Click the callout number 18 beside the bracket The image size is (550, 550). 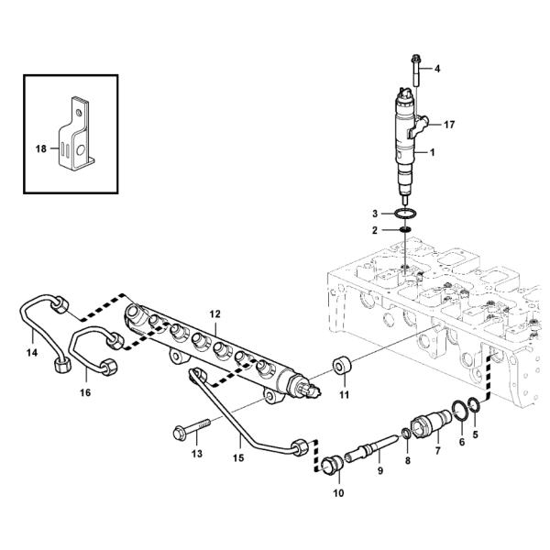tap(40, 146)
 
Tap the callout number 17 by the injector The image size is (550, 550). tap(449, 123)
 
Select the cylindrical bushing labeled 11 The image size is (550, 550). tap(345, 366)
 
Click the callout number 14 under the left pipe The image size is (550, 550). tap(33, 352)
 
